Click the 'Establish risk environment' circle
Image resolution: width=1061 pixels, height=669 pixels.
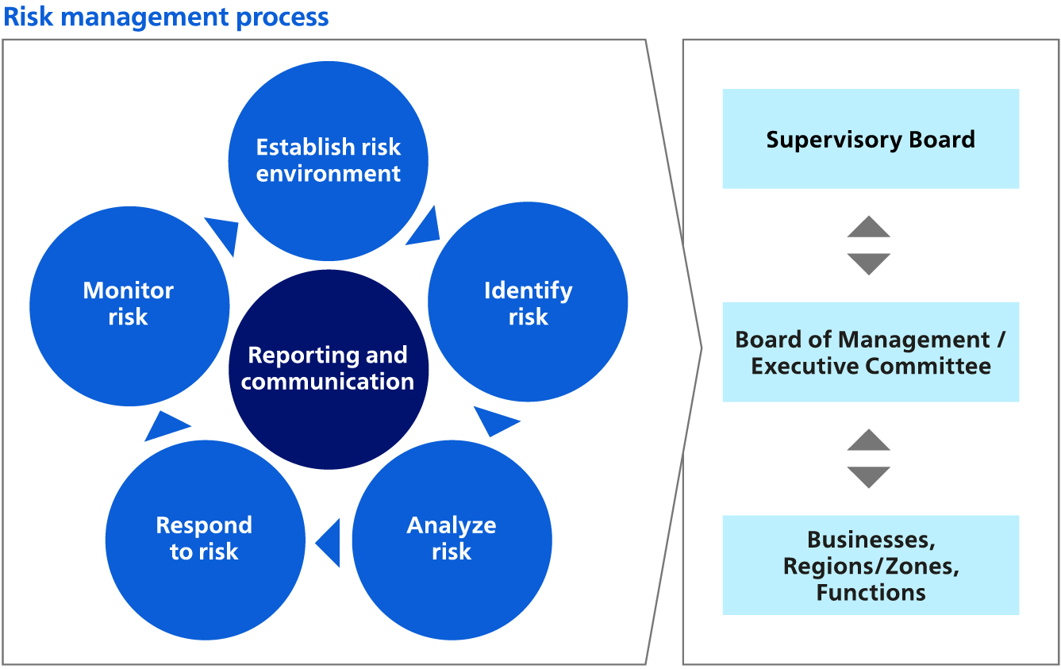coord(328,160)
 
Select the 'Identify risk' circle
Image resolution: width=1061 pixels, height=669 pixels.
coord(528,302)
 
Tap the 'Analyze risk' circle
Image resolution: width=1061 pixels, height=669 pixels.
coord(452,539)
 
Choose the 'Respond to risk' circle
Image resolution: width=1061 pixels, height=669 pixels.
coord(205,539)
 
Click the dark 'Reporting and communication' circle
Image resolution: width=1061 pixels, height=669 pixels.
coord(328,369)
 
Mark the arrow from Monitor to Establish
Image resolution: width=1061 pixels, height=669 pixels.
coord(225,233)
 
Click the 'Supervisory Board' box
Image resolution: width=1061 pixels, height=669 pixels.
coord(871,139)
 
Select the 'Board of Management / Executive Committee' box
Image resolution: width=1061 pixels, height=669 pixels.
coord(871,352)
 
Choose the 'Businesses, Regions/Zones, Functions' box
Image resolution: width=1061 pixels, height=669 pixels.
coord(871,565)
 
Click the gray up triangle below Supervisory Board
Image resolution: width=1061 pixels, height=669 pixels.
coord(869,228)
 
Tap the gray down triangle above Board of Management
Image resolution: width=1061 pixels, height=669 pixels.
coord(869,263)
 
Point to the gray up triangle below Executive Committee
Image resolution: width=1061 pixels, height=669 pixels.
coord(869,441)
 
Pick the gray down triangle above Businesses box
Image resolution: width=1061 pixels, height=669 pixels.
coord(869,476)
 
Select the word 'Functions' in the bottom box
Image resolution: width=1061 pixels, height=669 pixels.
coord(871,593)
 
